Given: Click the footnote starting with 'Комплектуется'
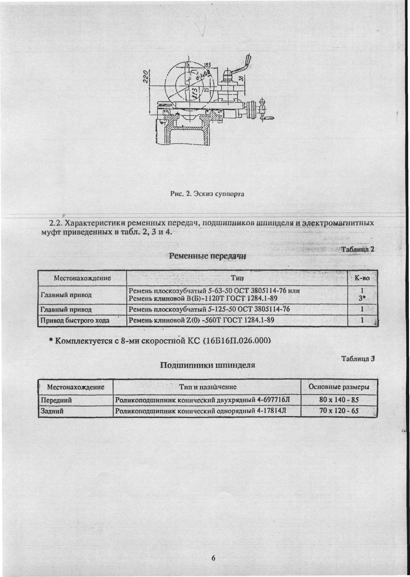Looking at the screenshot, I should [160, 341].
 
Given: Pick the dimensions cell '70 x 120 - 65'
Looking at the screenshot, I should [339, 411].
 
